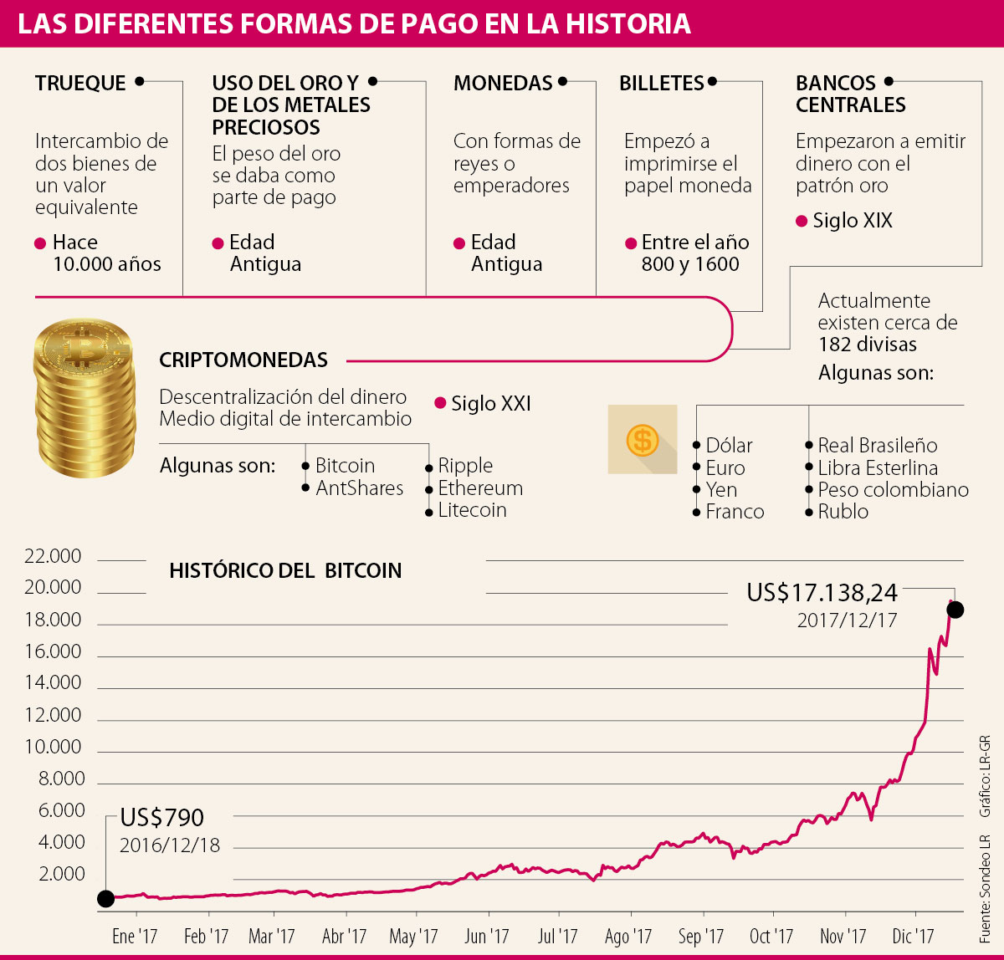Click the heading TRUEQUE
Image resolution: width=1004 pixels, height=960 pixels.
coord(80,83)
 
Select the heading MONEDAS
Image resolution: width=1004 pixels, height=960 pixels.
coord(503,83)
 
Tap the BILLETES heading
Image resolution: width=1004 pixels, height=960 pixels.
coord(661,83)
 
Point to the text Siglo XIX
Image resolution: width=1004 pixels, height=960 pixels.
coord(853,221)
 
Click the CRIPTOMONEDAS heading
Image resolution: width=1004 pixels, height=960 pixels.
coord(243,360)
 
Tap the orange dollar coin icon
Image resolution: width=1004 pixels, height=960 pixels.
coord(643,439)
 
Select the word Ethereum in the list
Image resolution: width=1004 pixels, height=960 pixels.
coord(480,488)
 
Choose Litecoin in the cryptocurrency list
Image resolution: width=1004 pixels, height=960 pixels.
coord(472,510)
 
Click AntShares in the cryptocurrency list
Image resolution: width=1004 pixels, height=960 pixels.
coord(359,488)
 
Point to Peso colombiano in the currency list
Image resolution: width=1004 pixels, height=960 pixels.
coord(893,490)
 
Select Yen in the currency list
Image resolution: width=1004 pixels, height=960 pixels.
coord(721,490)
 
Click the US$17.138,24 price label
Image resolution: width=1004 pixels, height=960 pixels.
coord(822,593)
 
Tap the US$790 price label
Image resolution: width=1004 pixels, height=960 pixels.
coord(161,817)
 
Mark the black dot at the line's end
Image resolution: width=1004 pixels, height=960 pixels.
coord(955,610)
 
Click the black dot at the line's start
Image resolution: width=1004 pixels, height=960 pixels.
coord(105,898)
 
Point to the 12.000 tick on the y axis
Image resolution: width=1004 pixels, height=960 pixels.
coord(54,715)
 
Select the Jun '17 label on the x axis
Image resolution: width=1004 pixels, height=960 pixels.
coord(486,936)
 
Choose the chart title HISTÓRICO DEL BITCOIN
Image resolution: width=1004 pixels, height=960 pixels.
coord(285,570)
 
